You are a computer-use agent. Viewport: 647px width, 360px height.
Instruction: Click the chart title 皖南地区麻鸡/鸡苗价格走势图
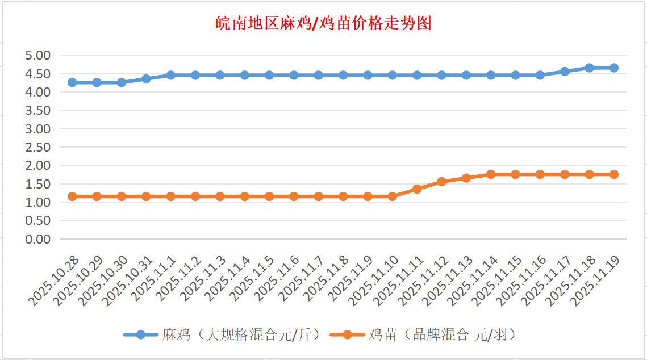pyautogui.click(x=324, y=23)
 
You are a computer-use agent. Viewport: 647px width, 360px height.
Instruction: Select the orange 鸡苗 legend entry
pyautogui.click(x=425, y=334)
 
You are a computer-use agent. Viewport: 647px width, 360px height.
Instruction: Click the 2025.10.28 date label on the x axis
pyautogui.click(x=55, y=281)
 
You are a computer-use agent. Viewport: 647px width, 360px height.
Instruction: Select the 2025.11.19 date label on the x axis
pyautogui.click(x=597, y=281)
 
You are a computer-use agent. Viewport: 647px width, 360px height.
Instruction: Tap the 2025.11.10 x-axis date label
pyautogui.click(x=375, y=281)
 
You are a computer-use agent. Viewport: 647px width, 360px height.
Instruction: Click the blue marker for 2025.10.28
pyautogui.click(x=72, y=82)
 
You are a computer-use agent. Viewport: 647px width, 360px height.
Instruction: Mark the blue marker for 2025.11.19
pyautogui.click(x=614, y=68)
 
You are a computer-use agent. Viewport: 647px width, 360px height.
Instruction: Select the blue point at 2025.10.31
pyautogui.click(x=146, y=79)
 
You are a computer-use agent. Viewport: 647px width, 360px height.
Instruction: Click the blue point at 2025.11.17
pyautogui.click(x=565, y=72)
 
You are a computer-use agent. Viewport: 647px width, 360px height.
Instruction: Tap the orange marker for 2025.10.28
pyautogui.click(x=72, y=196)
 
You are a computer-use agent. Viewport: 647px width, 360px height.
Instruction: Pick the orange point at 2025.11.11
pyautogui.click(x=417, y=189)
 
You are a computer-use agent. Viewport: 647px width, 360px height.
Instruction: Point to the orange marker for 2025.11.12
pyautogui.click(x=441, y=182)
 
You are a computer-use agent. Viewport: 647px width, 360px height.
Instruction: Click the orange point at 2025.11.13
pyautogui.click(x=466, y=178)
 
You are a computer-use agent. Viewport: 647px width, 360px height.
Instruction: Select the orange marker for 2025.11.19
pyautogui.click(x=614, y=174)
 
